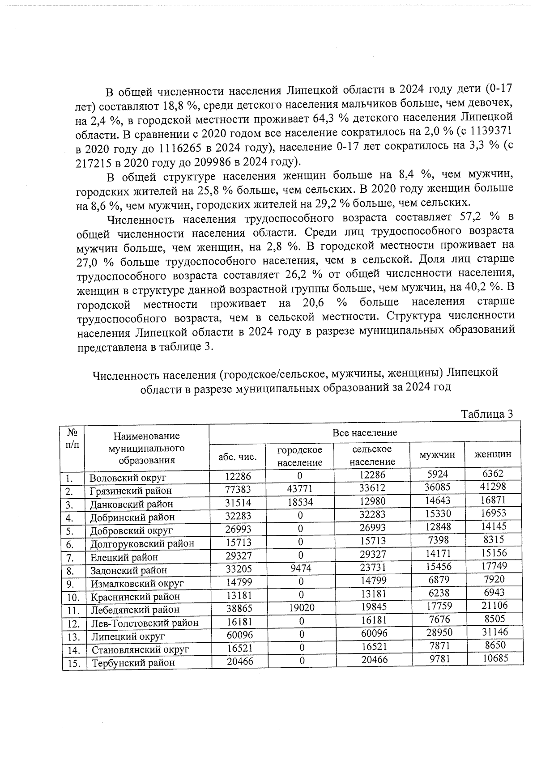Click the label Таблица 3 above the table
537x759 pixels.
pyautogui.click(x=486, y=414)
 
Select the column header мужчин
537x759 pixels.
pyautogui.click(x=437, y=454)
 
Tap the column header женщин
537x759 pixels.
pyautogui.click(x=493, y=454)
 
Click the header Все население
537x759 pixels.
pyautogui.click(x=365, y=433)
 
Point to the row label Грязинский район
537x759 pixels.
pyautogui.click(x=131, y=491)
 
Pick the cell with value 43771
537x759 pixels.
pyautogui.click(x=300, y=489)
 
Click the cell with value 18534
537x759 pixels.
pyautogui.click(x=300, y=502)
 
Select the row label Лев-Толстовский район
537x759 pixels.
pyautogui.click(x=145, y=623)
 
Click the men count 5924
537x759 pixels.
pyautogui.click(x=437, y=474)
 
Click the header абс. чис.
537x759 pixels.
pyautogui.click(x=237, y=457)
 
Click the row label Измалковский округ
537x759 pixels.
pyautogui.click(x=137, y=584)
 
